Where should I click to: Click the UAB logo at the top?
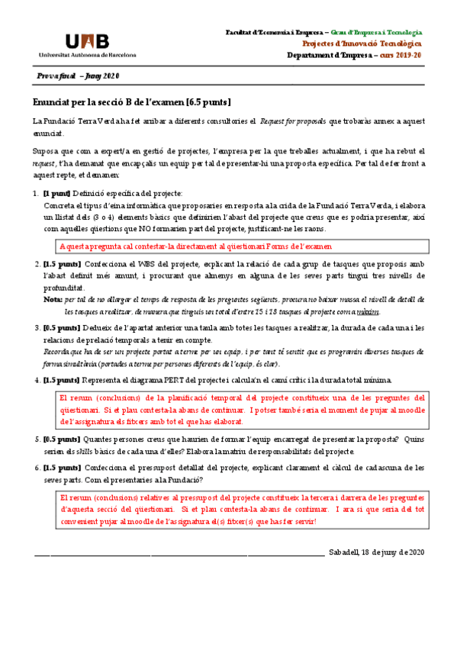tap(87, 41)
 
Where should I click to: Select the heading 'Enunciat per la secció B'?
tap(132, 101)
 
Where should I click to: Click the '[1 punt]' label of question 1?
tap(58, 193)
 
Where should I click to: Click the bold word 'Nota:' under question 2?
tap(53, 301)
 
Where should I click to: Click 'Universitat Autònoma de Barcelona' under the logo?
tap(88, 55)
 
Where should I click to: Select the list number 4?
tap(37, 380)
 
